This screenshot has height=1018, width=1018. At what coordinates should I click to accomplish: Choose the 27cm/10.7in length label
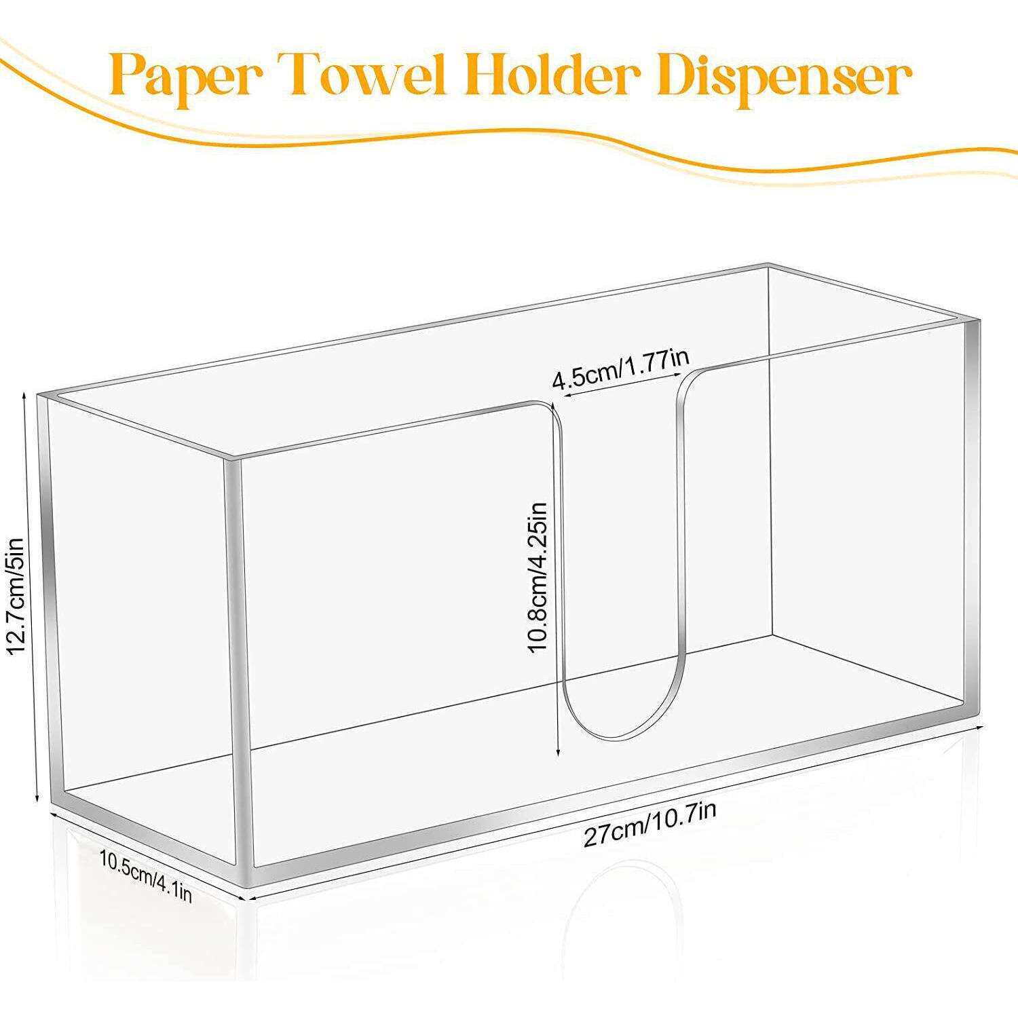pyautogui.click(x=650, y=824)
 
